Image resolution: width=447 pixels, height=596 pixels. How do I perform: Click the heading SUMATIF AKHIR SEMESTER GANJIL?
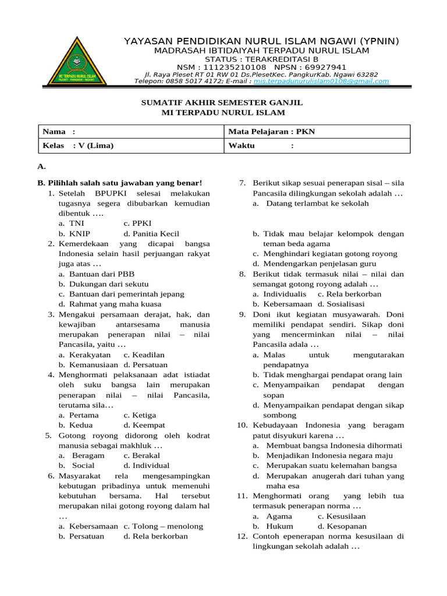[223, 102]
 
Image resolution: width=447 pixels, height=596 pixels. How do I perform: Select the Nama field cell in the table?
[130, 132]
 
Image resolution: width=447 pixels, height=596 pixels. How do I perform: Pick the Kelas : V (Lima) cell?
[130, 146]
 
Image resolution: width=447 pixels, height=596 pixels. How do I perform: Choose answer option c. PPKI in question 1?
[137, 223]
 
